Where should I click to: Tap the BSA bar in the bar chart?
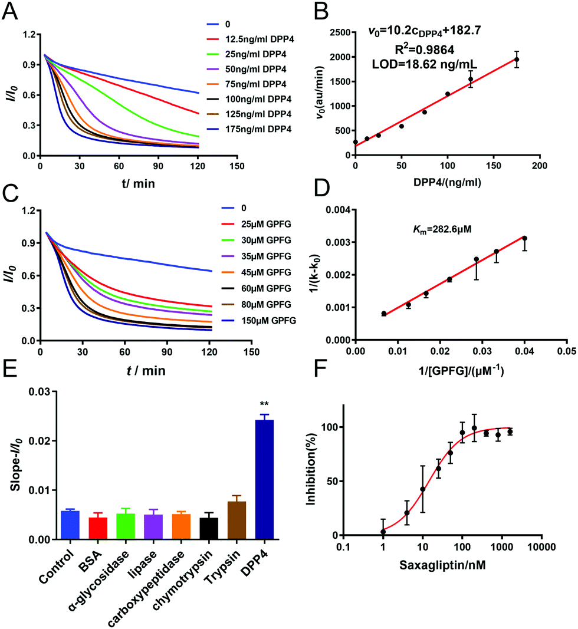(98, 528)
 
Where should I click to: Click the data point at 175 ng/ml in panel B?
(517, 60)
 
